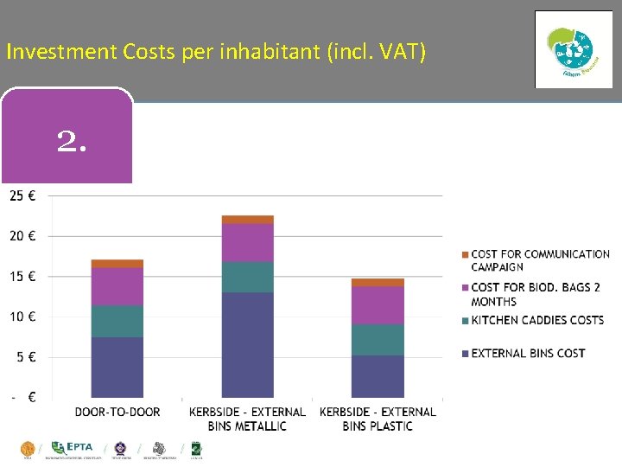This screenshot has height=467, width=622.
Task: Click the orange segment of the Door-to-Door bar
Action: [117, 264]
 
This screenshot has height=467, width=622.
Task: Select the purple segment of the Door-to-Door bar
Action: [117, 286]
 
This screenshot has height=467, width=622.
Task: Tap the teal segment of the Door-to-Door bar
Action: [117, 321]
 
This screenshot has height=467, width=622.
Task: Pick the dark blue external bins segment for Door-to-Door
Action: [117, 368]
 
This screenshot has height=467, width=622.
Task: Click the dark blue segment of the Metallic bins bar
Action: [247, 345]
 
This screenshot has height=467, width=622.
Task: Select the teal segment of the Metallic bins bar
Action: [247, 277]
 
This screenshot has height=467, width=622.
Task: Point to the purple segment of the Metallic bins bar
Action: [247, 243]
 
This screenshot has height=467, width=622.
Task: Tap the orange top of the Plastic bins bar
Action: [378, 283]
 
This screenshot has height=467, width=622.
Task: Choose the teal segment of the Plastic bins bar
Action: [378, 340]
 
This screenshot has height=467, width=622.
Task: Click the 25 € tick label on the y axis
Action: [22, 195]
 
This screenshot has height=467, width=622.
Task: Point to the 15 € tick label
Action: [22, 277]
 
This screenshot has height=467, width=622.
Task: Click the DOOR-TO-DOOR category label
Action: [117, 412]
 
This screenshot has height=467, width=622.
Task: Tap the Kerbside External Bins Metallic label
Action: [247, 419]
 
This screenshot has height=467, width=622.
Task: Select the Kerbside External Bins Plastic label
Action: [378, 419]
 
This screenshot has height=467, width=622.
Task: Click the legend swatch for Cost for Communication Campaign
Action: [465, 254]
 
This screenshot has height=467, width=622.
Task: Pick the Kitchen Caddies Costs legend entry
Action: [536, 320]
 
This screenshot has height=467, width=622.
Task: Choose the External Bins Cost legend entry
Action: [527, 353]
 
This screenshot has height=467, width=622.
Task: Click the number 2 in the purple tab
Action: [72, 141]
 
